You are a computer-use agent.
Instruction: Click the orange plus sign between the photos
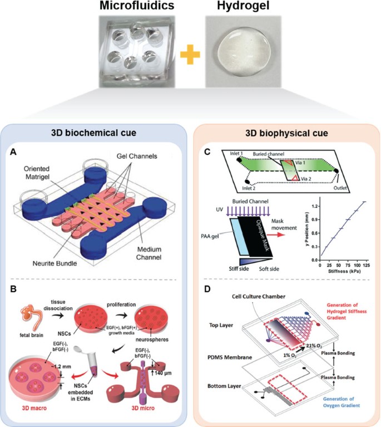click(190, 54)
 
